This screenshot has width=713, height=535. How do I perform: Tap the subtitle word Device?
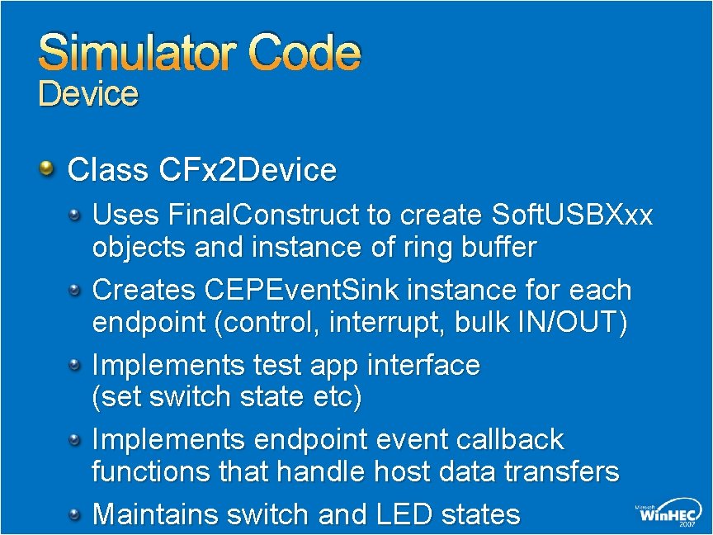[x=88, y=94]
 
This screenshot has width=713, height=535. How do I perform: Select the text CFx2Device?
[x=244, y=171]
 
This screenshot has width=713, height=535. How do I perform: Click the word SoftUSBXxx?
[x=571, y=215]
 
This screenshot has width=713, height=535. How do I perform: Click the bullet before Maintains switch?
[x=76, y=514]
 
